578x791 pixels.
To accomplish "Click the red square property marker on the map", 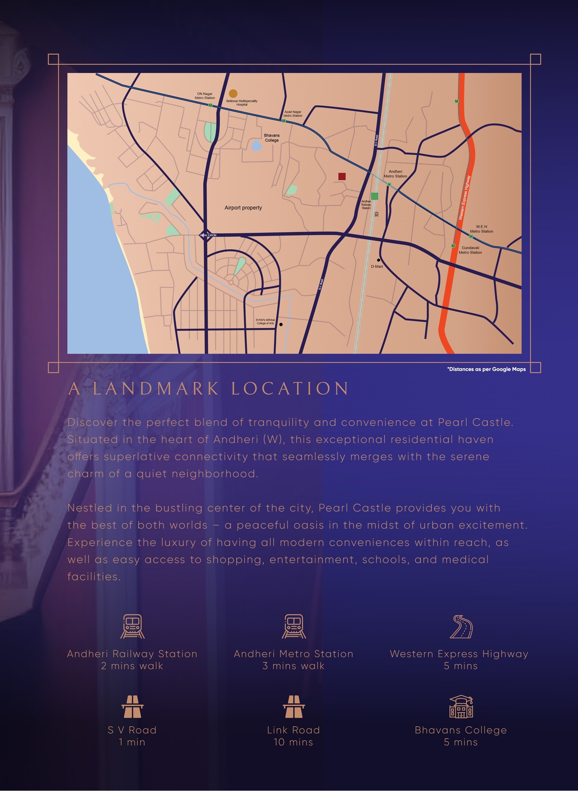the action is tap(342, 176).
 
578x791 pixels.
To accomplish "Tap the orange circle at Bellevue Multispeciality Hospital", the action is tap(233, 93).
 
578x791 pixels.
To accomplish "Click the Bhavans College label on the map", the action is tap(272, 138).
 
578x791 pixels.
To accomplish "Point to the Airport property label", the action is tap(243, 208).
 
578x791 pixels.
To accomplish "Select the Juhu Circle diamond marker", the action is tap(205, 235).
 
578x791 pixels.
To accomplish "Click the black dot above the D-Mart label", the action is tap(378, 260).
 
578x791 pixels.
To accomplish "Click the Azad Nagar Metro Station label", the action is tap(292, 114).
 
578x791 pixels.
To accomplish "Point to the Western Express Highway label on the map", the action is tap(465, 198).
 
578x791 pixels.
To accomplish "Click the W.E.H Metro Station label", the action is tap(481, 229).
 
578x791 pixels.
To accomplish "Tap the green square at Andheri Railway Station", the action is tap(374, 196).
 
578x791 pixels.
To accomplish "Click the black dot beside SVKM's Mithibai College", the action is tap(281, 324).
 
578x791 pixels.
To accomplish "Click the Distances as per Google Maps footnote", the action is tap(486, 369).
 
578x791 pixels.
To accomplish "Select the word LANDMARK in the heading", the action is tap(156, 389).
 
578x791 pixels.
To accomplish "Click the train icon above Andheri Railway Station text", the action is tap(132, 627).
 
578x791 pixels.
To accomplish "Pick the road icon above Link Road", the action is tap(294, 706).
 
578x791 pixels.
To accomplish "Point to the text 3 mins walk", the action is tap(294, 666).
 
